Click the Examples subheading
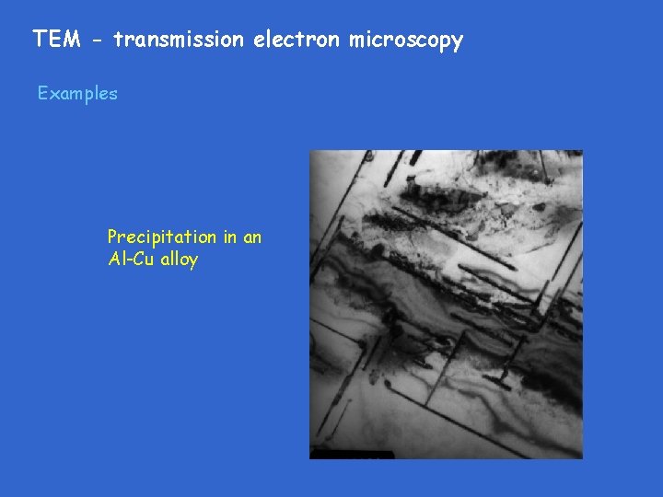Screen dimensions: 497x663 pyautogui.click(x=77, y=93)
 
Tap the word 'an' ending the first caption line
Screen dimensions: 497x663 pyautogui.click(x=251, y=237)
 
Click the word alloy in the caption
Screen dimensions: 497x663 pyautogui.click(x=179, y=260)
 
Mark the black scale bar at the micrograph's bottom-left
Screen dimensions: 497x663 pyautogui.click(x=351, y=455)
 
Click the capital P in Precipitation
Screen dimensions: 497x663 pyautogui.click(x=112, y=237)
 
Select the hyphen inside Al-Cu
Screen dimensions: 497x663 pyautogui.click(x=131, y=260)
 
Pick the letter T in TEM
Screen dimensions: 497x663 pyautogui.click(x=40, y=40)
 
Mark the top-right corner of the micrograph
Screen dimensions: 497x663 pyautogui.click(x=582, y=151)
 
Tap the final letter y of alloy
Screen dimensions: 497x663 pyautogui.click(x=193, y=261)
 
